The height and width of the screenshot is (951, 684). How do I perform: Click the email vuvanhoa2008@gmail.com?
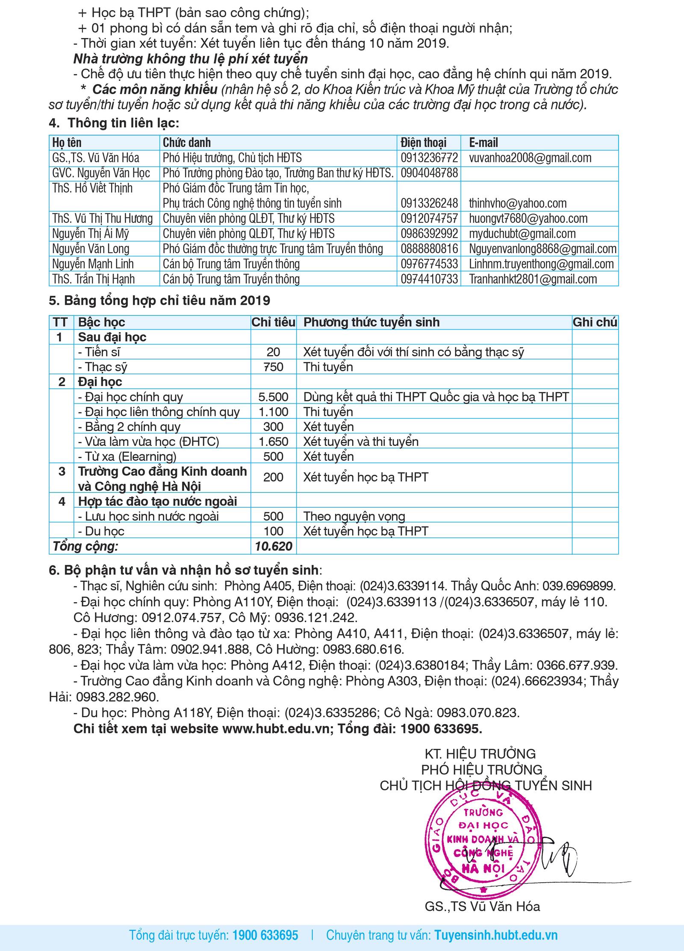coord(530,158)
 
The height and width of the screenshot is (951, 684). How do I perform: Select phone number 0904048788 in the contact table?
coord(429,173)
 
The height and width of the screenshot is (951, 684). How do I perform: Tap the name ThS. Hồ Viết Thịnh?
coord(92,188)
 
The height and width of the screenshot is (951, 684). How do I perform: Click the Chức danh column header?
coord(186,142)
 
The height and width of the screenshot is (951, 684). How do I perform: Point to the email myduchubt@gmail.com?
coord(522,234)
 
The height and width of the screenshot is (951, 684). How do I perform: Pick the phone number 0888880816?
coord(429,249)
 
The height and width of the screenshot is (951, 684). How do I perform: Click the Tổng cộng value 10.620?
coord(273,546)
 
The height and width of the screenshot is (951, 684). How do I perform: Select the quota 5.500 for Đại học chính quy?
coord(273,397)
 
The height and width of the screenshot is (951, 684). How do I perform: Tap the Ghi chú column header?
coord(595,322)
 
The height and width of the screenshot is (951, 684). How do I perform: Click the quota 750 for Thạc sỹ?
coord(273,367)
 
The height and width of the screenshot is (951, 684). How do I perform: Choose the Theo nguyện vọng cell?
coord(354,516)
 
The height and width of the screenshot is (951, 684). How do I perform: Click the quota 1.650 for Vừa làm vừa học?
coord(273,442)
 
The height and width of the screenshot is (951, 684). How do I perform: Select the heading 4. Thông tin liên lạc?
coord(114,123)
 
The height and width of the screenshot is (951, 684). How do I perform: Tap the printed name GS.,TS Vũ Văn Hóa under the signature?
coord(482,907)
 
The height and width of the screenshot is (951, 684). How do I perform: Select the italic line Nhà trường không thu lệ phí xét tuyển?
coord(190,59)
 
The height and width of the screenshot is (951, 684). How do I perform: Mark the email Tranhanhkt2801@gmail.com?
coord(533,279)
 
